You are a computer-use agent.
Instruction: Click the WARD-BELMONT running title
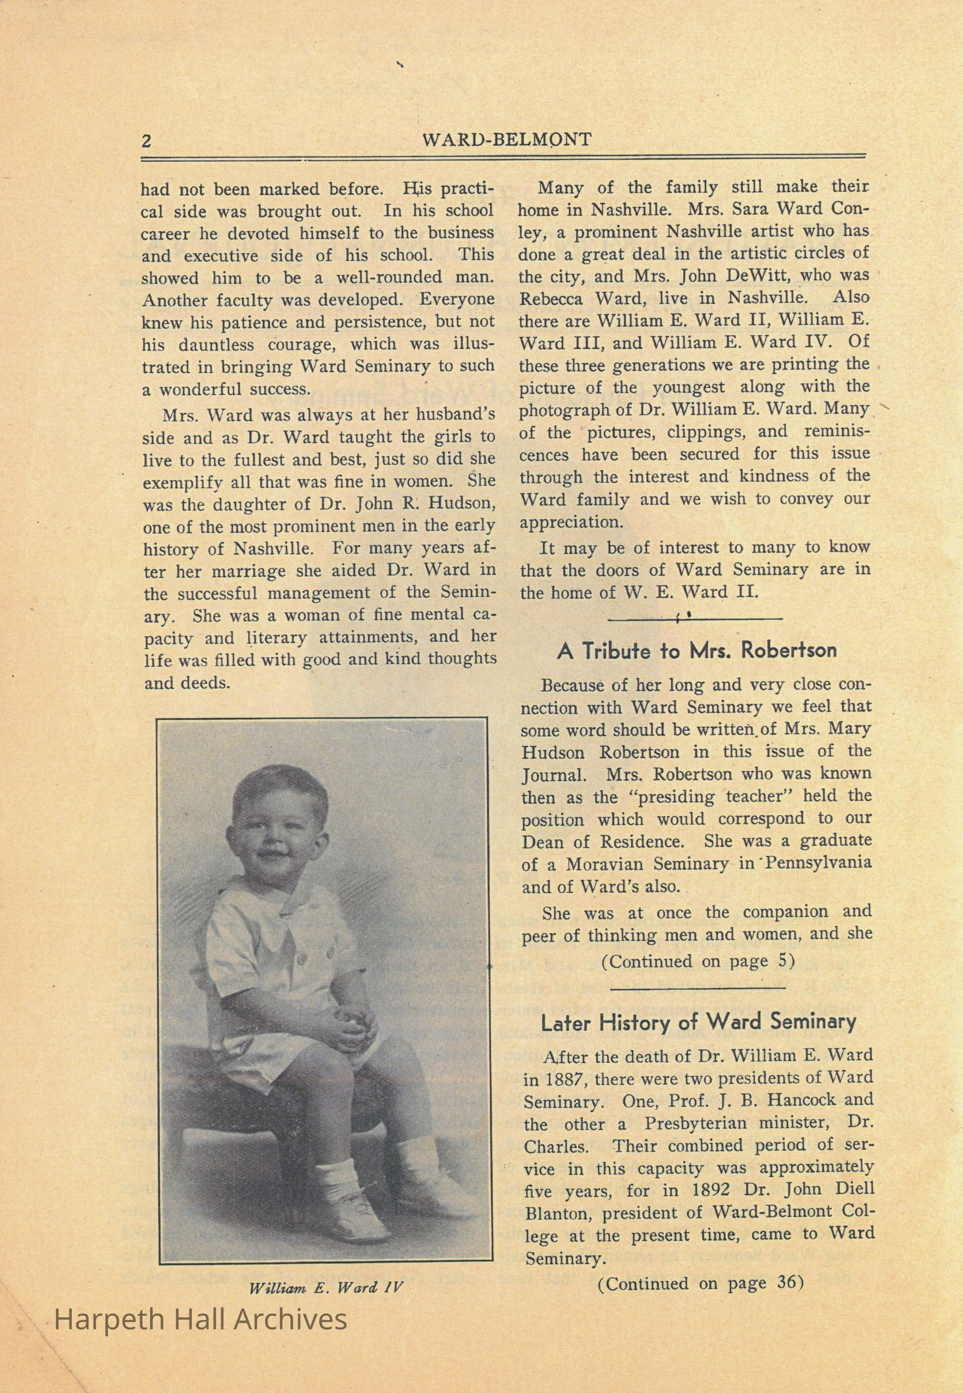507,140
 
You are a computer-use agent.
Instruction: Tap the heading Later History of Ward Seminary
698,1022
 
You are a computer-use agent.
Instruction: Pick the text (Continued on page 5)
697,961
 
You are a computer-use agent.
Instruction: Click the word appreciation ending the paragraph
571,522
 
